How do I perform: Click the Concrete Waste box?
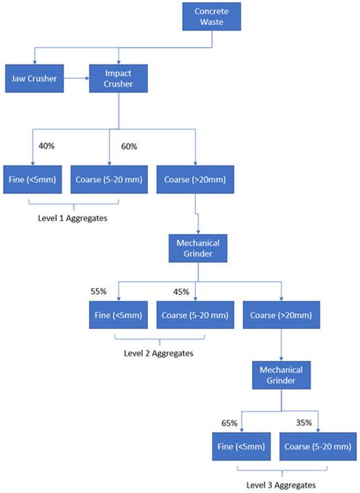[212, 17]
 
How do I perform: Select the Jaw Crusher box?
[34, 78]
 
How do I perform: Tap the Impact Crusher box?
[118, 78]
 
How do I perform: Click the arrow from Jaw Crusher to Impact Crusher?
[77, 78]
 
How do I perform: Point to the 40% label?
[46, 146]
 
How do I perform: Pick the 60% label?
[129, 147]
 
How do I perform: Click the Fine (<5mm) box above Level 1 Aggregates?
[33, 179]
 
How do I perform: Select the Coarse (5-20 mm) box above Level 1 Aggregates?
[109, 179]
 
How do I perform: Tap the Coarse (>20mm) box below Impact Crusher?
[195, 179]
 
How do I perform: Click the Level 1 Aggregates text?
[73, 218]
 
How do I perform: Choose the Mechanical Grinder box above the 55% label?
[197, 248]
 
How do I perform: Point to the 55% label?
[99, 292]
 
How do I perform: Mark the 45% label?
[181, 292]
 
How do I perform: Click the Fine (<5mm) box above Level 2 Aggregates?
[118, 315]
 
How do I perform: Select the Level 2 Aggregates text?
[159, 353]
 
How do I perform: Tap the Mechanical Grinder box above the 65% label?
[282, 375]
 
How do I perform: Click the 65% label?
[229, 423]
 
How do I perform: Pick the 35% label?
[304, 422]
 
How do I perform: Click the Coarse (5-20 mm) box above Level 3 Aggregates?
[318, 447]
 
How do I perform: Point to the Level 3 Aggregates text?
[281, 485]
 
